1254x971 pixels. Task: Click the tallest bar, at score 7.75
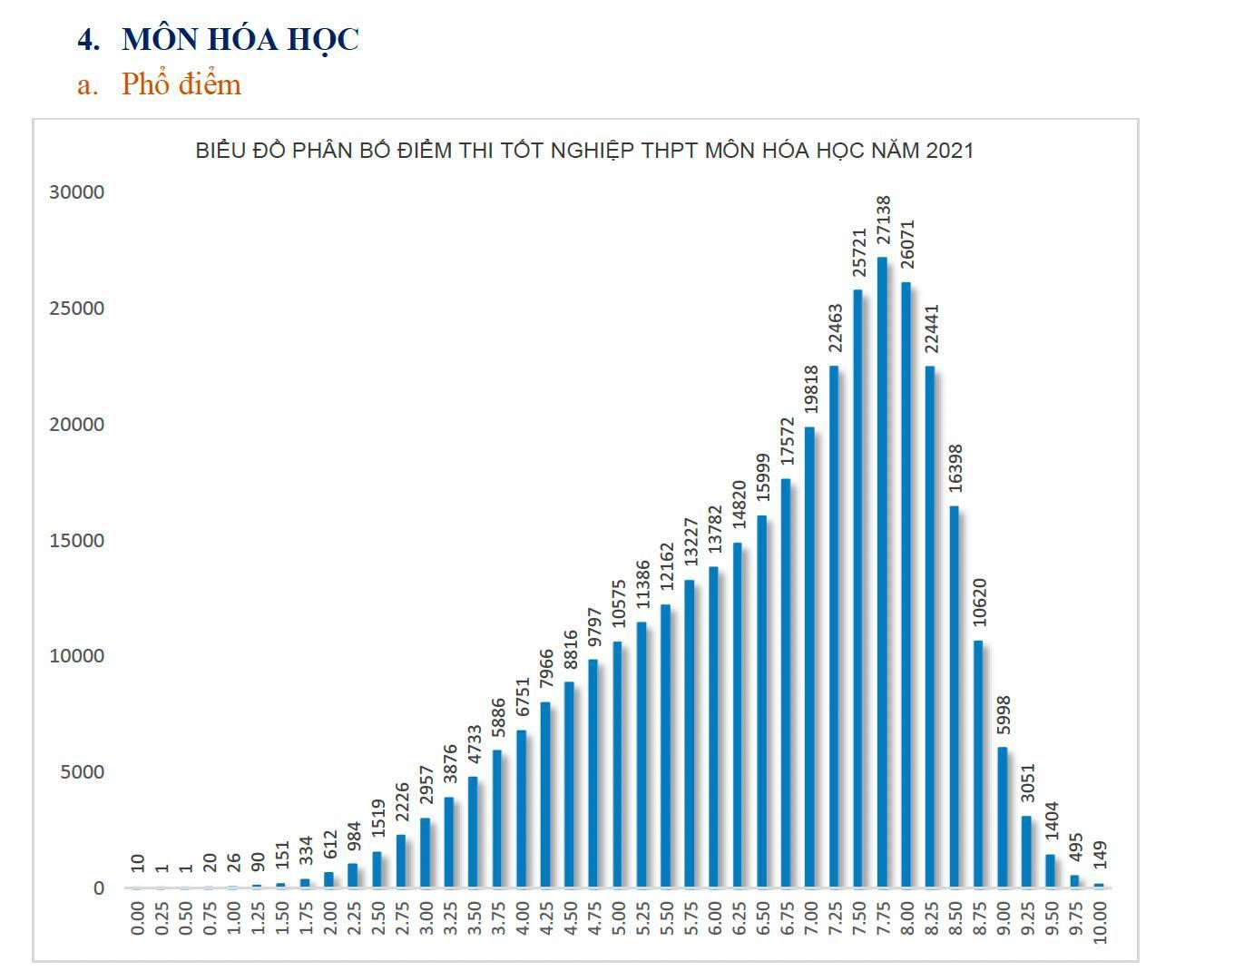(x=881, y=573)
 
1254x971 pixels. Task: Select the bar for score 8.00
(x=906, y=585)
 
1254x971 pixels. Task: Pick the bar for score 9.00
(x=1002, y=818)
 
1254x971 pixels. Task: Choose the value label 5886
(x=498, y=720)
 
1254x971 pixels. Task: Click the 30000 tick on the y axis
(x=77, y=192)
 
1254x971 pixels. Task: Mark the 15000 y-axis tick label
(x=77, y=540)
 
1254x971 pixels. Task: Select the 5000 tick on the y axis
(x=82, y=772)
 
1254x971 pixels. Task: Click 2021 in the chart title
(x=949, y=151)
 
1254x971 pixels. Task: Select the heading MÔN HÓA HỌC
(x=240, y=39)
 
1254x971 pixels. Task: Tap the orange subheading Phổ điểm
(x=181, y=84)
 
